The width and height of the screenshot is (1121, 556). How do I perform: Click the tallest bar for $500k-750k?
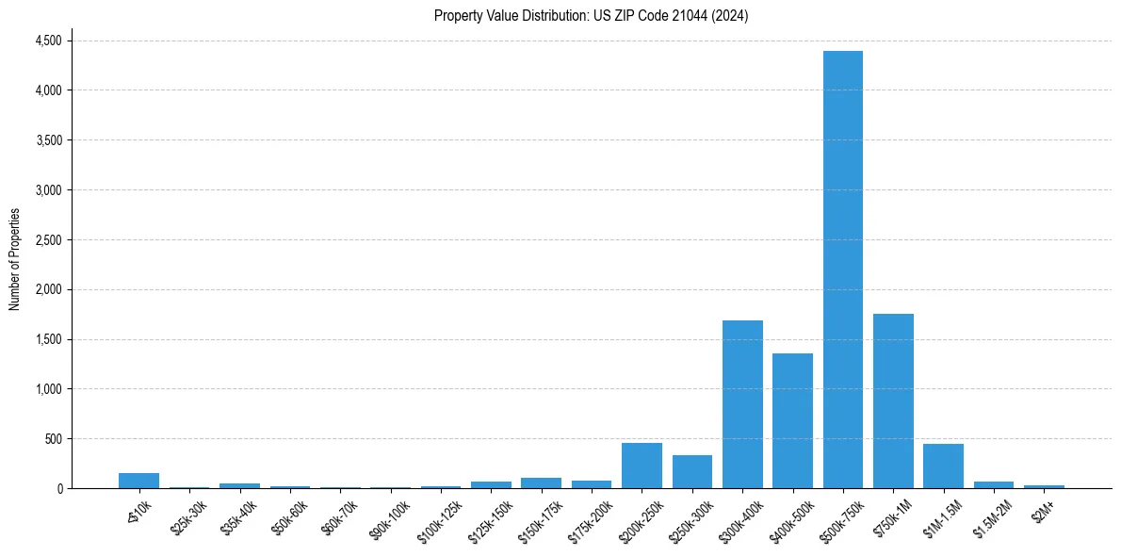[x=842, y=270]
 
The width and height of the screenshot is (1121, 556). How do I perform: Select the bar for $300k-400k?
[x=742, y=404]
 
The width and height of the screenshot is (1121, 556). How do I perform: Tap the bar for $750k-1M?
[x=893, y=401]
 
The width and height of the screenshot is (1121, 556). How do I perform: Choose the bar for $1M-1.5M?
[x=943, y=466]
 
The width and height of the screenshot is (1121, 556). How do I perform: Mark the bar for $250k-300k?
[x=691, y=472]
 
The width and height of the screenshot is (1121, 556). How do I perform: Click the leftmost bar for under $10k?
[x=138, y=481]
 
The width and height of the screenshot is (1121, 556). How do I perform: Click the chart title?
[x=591, y=16]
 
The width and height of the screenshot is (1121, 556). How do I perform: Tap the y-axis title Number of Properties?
[x=15, y=259]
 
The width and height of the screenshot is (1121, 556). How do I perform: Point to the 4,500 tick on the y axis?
[x=48, y=41]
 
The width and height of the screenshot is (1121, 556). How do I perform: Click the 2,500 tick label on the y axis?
[x=48, y=240]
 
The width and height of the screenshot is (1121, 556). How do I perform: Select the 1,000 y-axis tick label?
[x=48, y=389]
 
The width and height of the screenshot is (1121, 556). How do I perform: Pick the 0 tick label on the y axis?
[x=58, y=489]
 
